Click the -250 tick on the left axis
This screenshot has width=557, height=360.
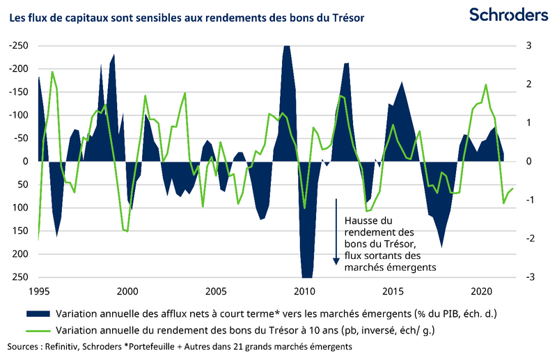click(x=19, y=46)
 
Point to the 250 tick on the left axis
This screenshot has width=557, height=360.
click(x=20, y=277)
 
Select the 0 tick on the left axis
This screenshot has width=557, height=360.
click(x=25, y=162)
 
